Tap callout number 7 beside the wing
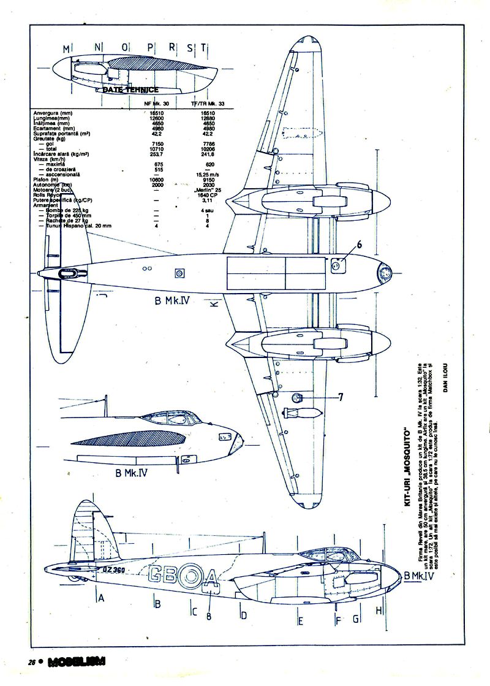(341, 397)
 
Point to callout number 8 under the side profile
(209, 615)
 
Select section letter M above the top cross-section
(66, 48)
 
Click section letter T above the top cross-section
(203, 48)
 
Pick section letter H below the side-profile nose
(379, 611)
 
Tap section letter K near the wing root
(214, 305)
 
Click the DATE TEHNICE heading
(130, 90)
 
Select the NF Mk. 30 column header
(156, 104)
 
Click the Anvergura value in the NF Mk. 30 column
(157, 113)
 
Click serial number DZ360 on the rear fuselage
(113, 570)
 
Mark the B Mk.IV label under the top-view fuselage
(171, 301)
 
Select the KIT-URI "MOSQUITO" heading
(405, 465)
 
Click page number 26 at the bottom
(31, 662)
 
